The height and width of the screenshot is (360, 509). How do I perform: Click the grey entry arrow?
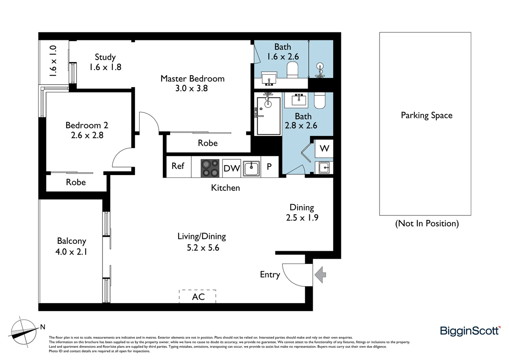tap(320, 275)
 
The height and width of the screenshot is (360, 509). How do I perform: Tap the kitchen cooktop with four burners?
tap(210, 168)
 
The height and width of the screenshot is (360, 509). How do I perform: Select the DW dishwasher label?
tap(232, 168)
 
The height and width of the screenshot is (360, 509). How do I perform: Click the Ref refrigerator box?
tap(178, 166)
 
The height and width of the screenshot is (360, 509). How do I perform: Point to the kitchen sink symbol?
tap(252, 168)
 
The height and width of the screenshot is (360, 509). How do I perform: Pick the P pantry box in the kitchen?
tap(269, 166)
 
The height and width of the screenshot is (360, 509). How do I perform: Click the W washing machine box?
tap(324, 148)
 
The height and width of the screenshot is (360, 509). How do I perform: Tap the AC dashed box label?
tap(198, 297)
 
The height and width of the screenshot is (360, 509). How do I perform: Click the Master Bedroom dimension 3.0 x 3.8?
tap(192, 88)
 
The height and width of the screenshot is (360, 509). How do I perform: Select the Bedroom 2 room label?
tap(87, 125)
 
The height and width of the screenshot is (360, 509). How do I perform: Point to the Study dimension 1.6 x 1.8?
tap(105, 67)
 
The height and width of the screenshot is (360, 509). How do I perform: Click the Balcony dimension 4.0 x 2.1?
tap(71, 252)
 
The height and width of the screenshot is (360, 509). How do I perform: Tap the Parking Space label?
tap(426, 115)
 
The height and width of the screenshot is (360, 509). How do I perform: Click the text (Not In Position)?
tap(427, 223)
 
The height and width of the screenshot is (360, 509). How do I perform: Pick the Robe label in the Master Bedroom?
tap(208, 143)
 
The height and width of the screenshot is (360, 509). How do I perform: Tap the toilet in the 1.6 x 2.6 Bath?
tap(292, 70)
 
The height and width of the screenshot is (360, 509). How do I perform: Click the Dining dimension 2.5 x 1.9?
tap(302, 218)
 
